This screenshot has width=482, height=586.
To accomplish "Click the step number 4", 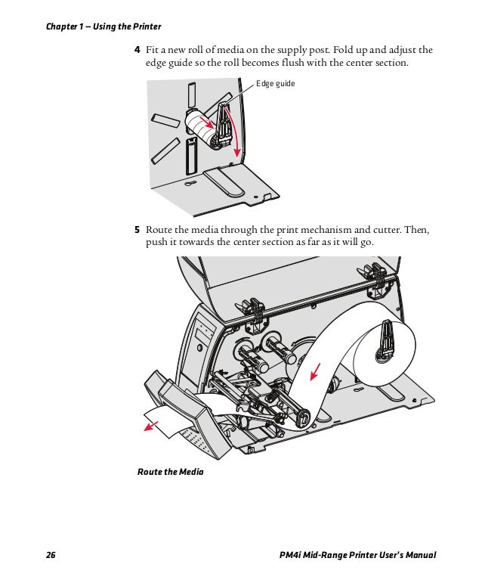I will [137, 50].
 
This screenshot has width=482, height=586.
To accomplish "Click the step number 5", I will [137, 229].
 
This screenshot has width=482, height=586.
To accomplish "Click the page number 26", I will [51, 557].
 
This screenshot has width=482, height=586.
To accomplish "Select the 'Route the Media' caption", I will [170, 472].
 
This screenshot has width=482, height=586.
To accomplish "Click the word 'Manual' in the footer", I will [419, 557].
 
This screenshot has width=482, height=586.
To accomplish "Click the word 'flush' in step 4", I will [312, 64].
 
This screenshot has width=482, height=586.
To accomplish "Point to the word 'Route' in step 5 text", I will [159, 229].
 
